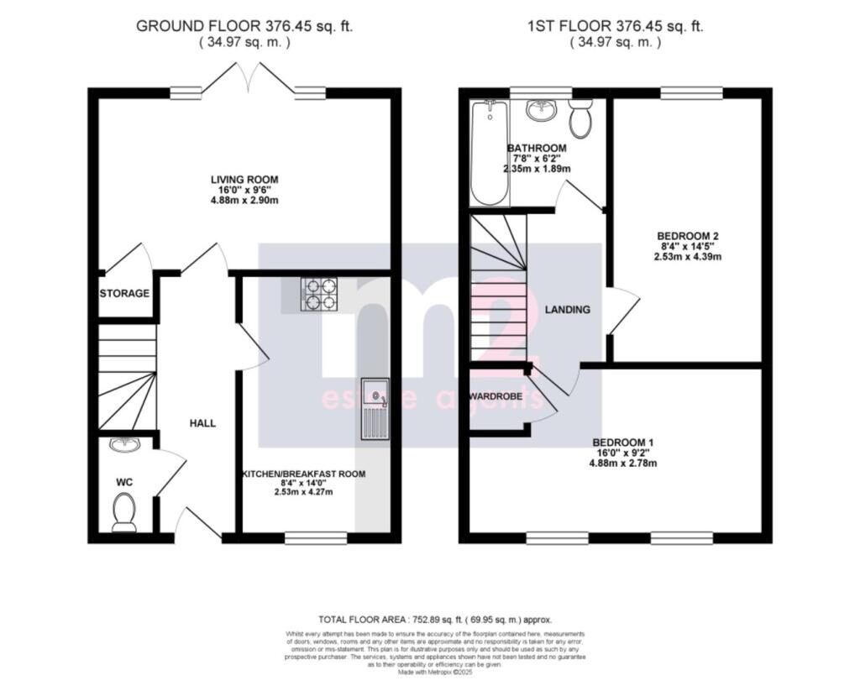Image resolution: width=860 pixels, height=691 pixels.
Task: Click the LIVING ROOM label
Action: click(244, 180)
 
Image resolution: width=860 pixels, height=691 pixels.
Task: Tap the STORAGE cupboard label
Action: click(124, 294)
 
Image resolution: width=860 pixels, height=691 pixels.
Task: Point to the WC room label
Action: click(124, 483)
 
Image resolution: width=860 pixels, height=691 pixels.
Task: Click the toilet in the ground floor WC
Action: click(125, 511)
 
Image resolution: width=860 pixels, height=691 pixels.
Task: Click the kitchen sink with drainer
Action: click(375, 409)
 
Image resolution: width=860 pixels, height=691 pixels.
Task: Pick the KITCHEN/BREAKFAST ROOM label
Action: click(304, 474)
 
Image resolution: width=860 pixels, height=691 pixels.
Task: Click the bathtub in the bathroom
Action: click(488, 153)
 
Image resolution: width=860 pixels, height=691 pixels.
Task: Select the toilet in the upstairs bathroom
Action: click(579, 118)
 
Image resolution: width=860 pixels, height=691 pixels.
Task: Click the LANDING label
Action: click(568, 310)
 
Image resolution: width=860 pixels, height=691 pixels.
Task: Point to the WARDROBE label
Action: click(496, 395)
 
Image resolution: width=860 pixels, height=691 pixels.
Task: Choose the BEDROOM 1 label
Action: click(622, 442)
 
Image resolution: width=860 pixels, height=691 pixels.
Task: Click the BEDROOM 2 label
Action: click(689, 236)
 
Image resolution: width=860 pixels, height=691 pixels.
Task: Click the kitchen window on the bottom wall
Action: click(315, 538)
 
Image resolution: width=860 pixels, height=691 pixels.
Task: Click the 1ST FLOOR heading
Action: click(616, 26)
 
